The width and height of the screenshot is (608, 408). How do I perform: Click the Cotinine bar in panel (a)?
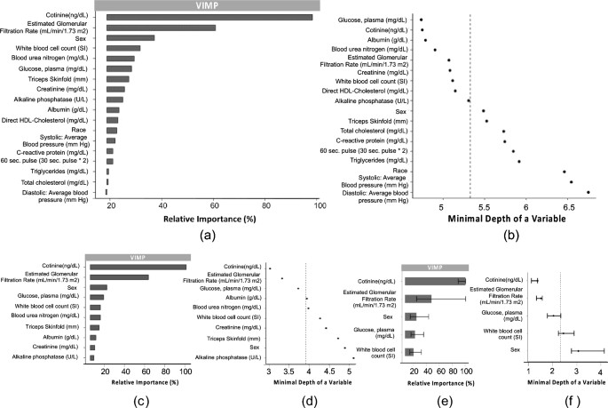tap(209, 17)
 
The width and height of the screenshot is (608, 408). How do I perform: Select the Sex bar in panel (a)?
tap(130, 37)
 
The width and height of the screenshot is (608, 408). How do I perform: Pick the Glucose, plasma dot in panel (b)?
tap(422, 20)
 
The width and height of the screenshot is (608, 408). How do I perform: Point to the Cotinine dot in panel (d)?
tap(269, 268)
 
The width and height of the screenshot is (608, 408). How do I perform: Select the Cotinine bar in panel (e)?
tap(435, 281)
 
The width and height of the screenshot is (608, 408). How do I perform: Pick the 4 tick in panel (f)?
tap(599, 373)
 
